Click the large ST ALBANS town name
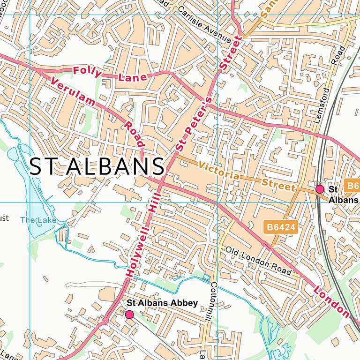(x=97, y=167)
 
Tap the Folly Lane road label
(x=110, y=74)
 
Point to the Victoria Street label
(x=247, y=177)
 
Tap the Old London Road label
(x=258, y=261)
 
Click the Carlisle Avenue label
(x=204, y=25)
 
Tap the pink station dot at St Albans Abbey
(x=129, y=314)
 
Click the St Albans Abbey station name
(x=162, y=303)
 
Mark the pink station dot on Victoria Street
(x=320, y=189)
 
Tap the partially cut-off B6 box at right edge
(x=352, y=186)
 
